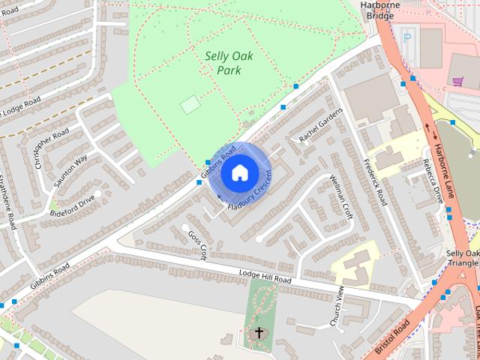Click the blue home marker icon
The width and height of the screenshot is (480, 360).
tap(239, 173)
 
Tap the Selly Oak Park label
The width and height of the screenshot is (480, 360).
tap(229, 63)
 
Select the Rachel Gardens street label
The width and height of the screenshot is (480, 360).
tap(320, 125)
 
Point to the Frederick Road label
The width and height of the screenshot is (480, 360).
tap(373, 183)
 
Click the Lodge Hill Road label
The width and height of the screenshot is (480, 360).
tap(265, 277)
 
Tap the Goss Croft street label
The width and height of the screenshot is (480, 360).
tap(197, 245)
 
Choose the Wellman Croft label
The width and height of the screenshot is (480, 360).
tap(341, 196)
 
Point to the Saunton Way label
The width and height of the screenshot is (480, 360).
tap(70, 170)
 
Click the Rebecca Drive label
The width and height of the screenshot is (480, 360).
tap(433, 181)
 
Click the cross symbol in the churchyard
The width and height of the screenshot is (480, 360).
tap(259, 331)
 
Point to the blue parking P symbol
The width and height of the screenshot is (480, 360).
tap(407, 37)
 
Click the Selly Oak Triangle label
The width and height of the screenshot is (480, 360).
tap(462, 259)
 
